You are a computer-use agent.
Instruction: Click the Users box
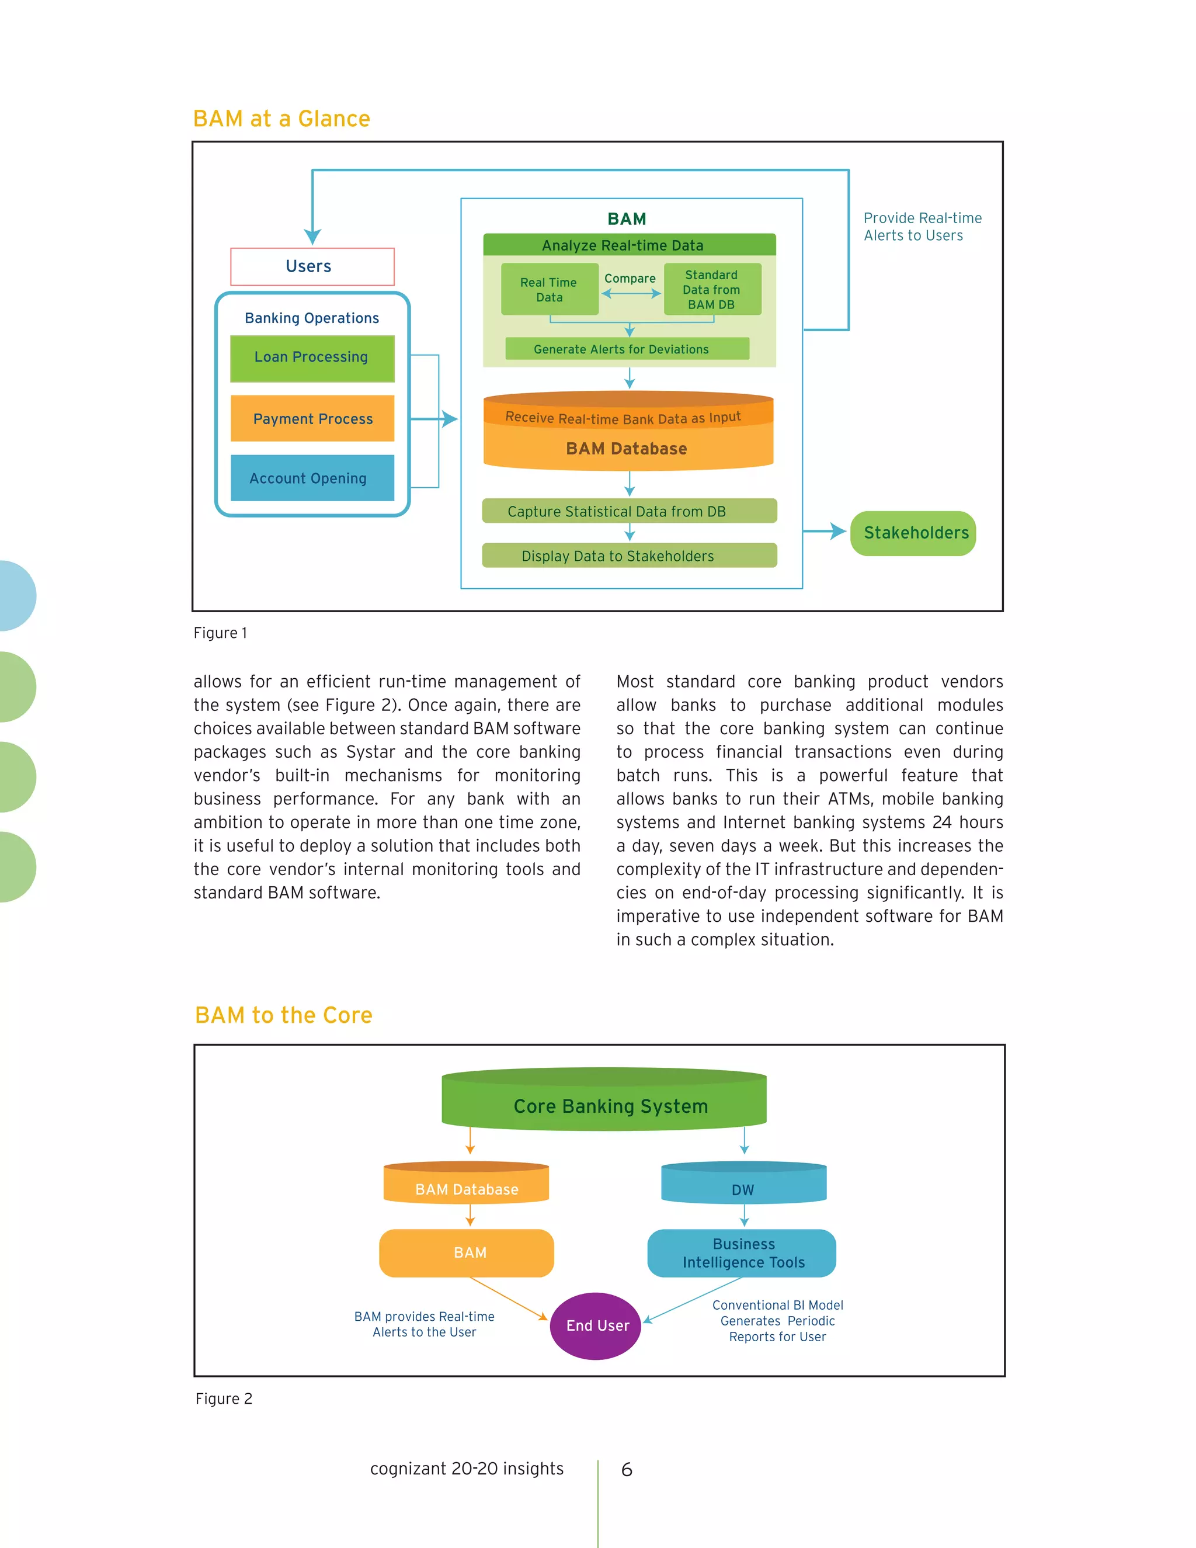coord(312,266)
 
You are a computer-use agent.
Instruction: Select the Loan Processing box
coord(312,358)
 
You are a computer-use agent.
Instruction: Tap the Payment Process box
coord(312,418)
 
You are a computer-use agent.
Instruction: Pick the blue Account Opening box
coord(312,478)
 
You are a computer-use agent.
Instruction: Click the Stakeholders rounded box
coord(913,533)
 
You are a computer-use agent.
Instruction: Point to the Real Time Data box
coord(549,289)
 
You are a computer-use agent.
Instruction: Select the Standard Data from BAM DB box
coord(712,289)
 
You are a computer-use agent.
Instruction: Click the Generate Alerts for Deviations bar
coord(627,349)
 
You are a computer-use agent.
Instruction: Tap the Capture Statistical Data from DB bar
coord(629,511)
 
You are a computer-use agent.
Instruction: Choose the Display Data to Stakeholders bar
coord(629,556)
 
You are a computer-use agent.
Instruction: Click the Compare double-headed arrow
coord(631,293)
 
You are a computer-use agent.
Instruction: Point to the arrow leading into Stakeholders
coord(825,531)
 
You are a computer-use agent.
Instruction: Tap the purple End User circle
coord(595,1325)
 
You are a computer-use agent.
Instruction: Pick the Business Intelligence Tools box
coord(742,1252)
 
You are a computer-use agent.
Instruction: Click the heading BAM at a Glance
coord(281,119)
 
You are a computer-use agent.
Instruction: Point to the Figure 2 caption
coord(224,1398)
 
